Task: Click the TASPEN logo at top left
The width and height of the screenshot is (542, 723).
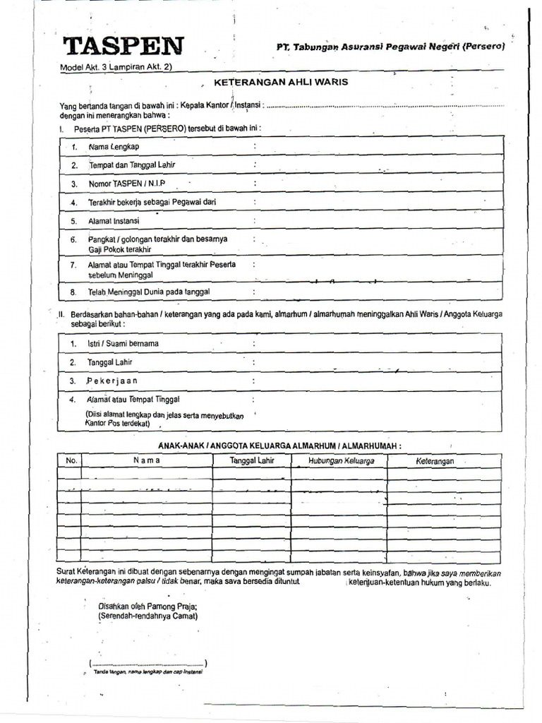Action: [x=124, y=46]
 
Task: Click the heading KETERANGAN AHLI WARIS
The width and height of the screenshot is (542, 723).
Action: [x=281, y=82]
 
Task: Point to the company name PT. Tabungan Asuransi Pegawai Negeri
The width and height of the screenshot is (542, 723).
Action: [x=390, y=47]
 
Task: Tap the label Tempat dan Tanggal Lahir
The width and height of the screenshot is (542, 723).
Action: [x=131, y=165]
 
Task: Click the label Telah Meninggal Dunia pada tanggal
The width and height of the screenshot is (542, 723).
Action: [x=149, y=291]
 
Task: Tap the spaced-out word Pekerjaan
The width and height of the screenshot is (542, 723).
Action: [x=112, y=381]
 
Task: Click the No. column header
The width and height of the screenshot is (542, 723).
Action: [x=71, y=460]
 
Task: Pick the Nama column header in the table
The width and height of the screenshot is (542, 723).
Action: [x=147, y=460]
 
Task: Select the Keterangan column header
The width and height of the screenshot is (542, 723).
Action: [x=435, y=461]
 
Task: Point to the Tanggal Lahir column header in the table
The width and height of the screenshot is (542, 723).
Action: [x=252, y=460]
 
